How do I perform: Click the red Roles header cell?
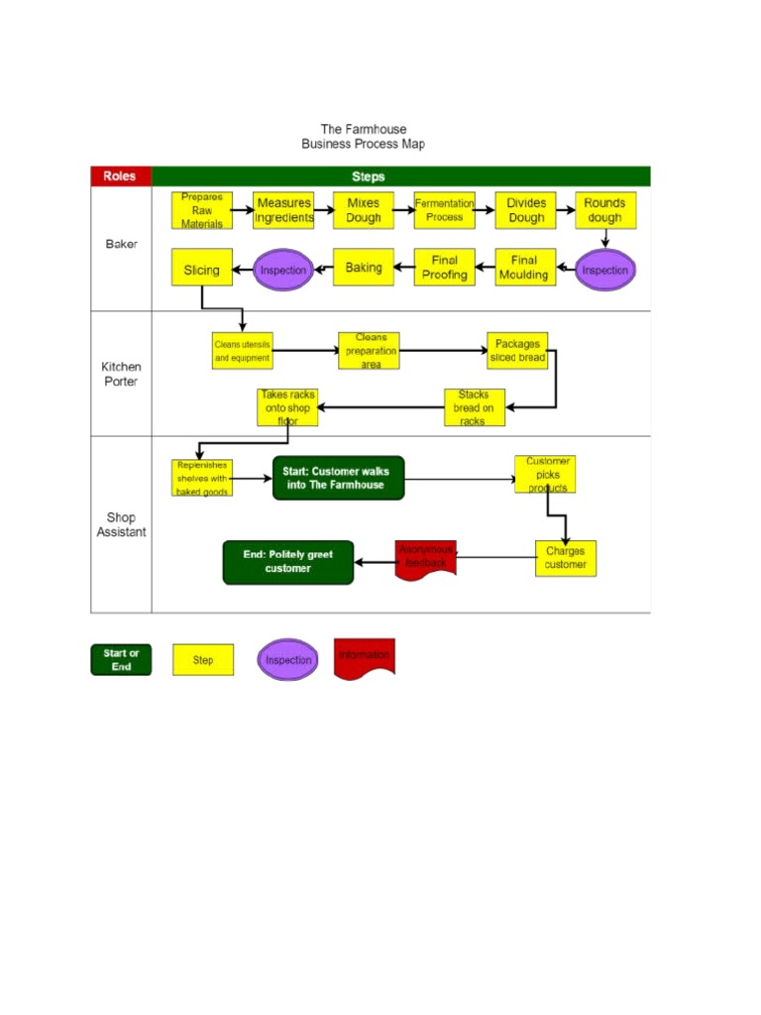pos(121,176)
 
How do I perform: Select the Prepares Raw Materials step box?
pos(202,210)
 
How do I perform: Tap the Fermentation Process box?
pos(444,210)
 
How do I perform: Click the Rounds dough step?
pos(604,210)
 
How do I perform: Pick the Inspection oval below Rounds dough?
pos(604,270)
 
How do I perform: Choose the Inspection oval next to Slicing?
pos(283,269)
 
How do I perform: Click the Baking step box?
pos(364,268)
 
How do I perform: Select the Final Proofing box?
pos(444,268)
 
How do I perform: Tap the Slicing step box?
pos(202,269)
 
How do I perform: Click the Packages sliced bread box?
pos(517,351)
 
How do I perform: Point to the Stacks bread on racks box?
pos(474,407)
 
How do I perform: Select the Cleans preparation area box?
pos(369,351)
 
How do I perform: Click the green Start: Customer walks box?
pos(338,478)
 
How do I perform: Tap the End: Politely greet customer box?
pos(288,562)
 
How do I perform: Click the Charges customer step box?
pos(565,558)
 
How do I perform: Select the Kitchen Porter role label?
pos(121,374)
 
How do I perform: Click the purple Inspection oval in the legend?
pos(288,660)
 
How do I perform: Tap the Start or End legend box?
pos(121,660)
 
